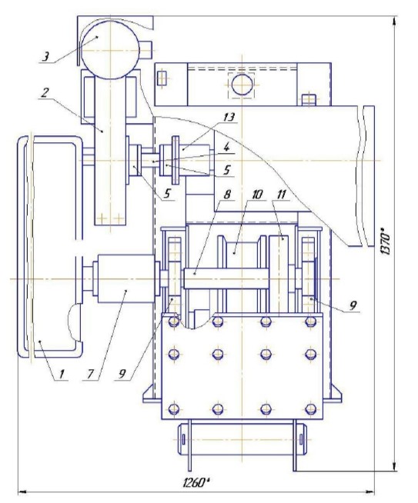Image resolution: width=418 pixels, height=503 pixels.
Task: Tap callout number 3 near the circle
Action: [45, 57]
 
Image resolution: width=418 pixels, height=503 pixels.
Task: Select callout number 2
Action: [45, 93]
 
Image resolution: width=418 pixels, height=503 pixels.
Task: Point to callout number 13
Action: [229, 117]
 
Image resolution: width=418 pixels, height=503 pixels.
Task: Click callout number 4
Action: [226, 148]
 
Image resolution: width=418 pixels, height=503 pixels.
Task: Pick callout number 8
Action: [227, 194]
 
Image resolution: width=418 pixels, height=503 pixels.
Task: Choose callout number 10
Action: [257, 194]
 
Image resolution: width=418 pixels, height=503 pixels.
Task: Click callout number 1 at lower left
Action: [62, 373]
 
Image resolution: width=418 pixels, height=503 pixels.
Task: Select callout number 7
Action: [90, 373]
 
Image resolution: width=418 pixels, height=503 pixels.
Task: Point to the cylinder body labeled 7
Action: [125, 278]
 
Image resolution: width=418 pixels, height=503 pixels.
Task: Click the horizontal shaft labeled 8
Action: [226, 278]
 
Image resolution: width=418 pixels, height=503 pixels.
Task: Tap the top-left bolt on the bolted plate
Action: [174, 321]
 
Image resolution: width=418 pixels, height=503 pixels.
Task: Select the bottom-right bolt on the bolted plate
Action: [310, 409]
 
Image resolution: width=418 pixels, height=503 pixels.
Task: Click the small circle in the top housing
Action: [242, 85]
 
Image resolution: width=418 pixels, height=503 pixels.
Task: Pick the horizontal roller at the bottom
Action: [242, 439]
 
